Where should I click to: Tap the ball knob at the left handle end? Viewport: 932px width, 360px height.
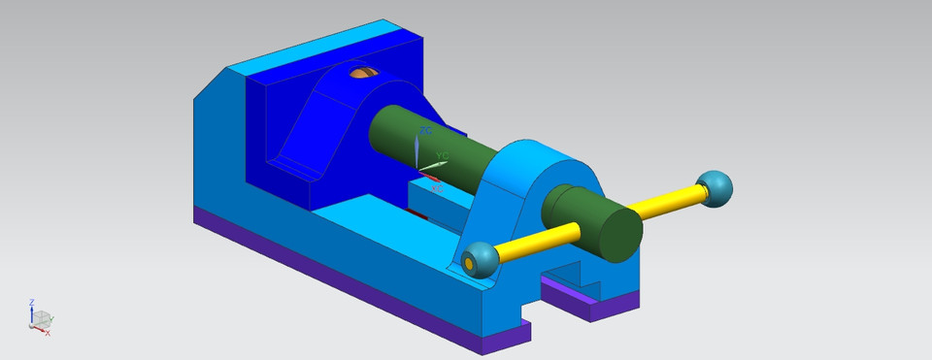[477, 259]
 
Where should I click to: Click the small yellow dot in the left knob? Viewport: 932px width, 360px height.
[470, 261]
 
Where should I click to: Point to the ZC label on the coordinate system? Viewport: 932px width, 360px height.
[425, 130]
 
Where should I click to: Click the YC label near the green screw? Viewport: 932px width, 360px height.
[442, 155]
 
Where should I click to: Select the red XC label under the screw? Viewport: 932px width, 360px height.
[436, 187]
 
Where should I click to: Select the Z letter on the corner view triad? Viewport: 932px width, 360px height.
[31, 302]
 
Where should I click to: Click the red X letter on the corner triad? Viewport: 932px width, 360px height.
[48, 333]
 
